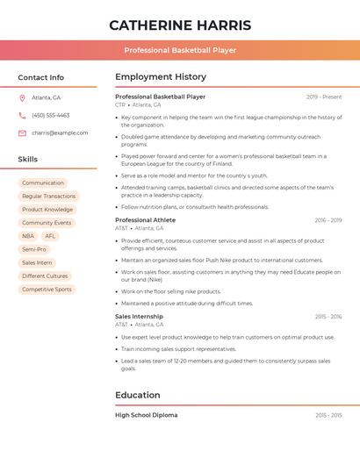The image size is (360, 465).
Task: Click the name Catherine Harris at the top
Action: [180, 25]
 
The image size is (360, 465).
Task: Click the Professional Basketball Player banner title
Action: [180, 50]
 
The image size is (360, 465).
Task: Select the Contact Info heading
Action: [41, 77]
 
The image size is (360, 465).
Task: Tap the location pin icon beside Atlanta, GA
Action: [22, 97]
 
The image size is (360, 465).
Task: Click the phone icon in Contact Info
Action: [22, 115]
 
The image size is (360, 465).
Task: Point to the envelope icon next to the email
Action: [22, 132]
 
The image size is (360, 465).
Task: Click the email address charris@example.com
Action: [60, 132]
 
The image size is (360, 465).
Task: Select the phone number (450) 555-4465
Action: [50, 115]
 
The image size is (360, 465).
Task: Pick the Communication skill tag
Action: [43, 183]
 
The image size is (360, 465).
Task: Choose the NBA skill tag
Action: [28, 236]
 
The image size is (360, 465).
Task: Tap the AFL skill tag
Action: [50, 236]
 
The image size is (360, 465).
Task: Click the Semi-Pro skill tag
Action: [34, 249]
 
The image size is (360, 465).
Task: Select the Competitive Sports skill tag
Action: [47, 289]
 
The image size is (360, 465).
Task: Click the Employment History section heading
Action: [161, 77]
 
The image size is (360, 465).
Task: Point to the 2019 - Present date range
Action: [324, 97]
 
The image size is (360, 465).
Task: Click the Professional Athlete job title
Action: [145, 220]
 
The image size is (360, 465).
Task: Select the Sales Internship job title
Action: [139, 317]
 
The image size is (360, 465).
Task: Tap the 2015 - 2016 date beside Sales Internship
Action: [328, 317]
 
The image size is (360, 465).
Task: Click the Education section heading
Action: [138, 395]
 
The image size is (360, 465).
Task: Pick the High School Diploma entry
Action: [146, 415]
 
